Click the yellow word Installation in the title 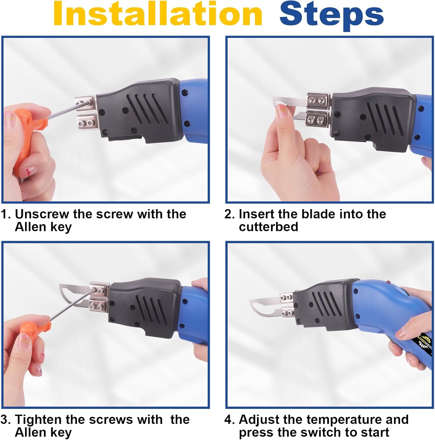coord(158,14)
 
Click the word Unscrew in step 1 coord(41,214)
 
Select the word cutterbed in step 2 coord(268,227)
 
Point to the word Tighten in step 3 coord(38,419)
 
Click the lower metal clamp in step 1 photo coord(87,121)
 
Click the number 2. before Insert coord(230,214)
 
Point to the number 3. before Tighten coord(5,419)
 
